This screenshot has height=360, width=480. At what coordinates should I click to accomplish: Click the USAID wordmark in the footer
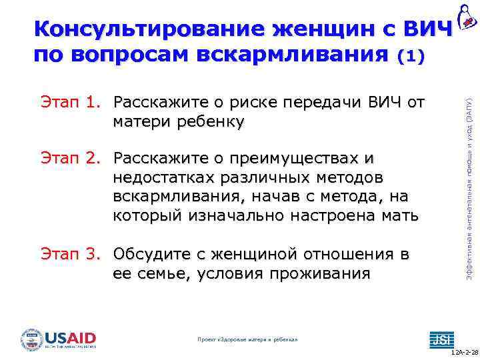(71, 338)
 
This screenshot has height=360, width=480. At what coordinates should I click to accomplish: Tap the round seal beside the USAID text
(32, 339)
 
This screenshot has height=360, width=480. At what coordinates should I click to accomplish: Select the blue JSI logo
(440, 339)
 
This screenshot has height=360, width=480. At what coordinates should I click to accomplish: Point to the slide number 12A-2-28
(464, 354)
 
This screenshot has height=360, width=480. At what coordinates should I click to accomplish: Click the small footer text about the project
(248, 339)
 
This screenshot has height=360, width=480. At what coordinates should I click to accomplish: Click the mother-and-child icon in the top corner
(467, 15)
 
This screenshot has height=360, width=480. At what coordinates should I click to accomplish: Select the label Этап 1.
(70, 103)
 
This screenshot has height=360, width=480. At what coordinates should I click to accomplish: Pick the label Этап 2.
(70, 159)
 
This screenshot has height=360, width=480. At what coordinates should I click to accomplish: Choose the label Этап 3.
(70, 255)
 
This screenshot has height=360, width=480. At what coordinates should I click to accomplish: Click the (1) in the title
(409, 57)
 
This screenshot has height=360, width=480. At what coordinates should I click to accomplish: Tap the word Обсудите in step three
(150, 255)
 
